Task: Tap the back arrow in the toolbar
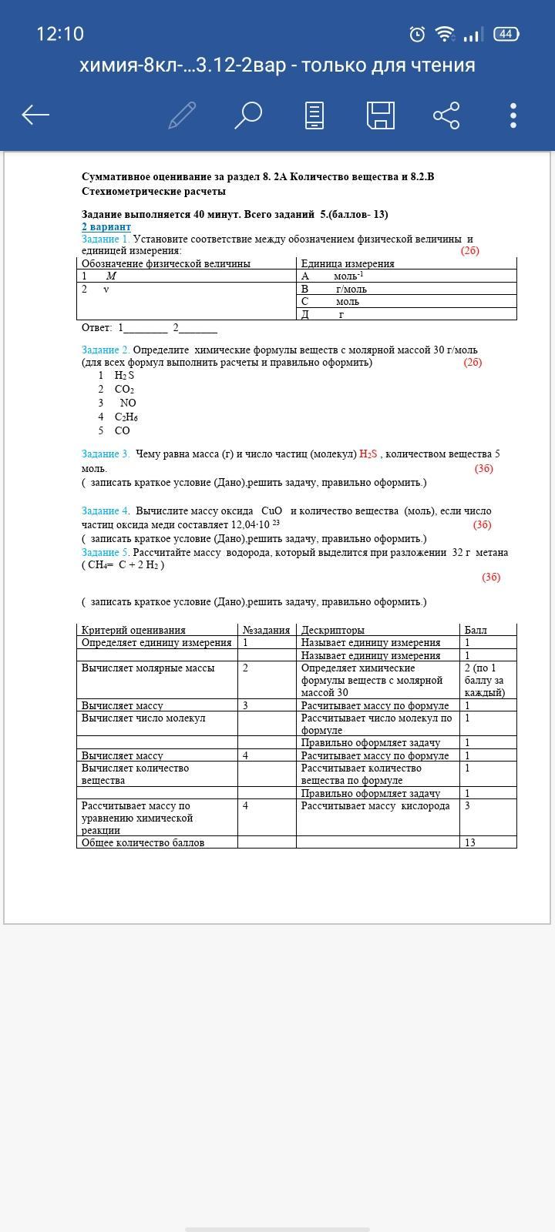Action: click(x=35, y=115)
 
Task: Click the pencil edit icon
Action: click(x=182, y=115)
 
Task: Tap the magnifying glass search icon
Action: click(x=247, y=115)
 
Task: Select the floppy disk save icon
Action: click(x=381, y=115)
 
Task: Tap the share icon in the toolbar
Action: click(x=446, y=115)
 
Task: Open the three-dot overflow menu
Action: click(x=513, y=115)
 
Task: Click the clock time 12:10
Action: click(x=60, y=34)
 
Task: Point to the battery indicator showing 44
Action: click(x=506, y=34)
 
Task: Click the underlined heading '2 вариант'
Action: click(x=106, y=227)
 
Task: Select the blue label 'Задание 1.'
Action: click(x=106, y=239)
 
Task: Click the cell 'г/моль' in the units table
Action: click(x=351, y=290)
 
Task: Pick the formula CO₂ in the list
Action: click(x=124, y=390)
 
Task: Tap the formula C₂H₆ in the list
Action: click(x=126, y=417)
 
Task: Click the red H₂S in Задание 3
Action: click(x=368, y=454)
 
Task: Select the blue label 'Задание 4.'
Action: click(x=106, y=511)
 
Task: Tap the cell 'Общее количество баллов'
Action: click(x=143, y=842)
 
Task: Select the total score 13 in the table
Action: click(x=470, y=842)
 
